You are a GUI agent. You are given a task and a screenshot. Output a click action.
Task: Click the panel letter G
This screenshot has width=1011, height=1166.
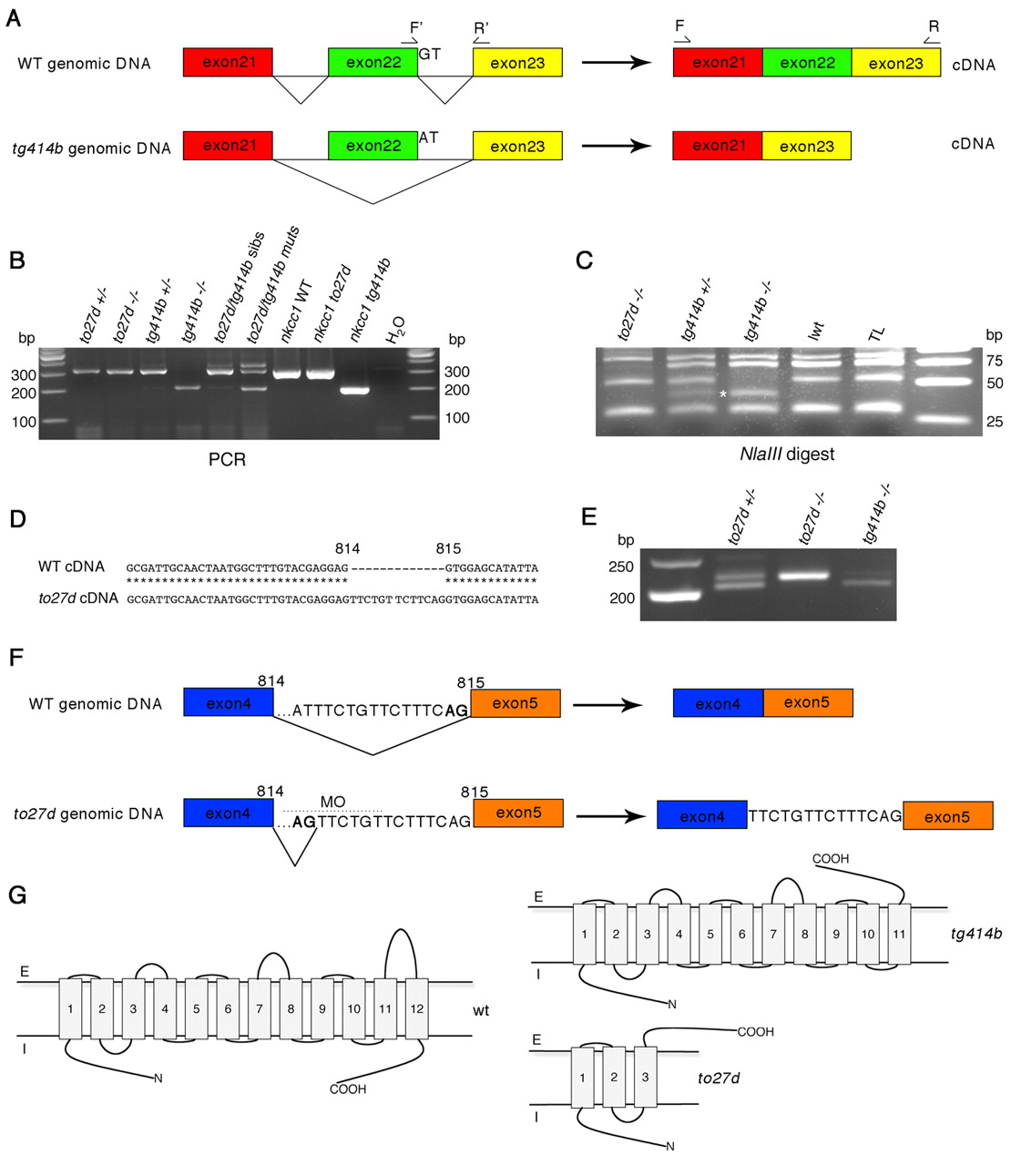click(16, 895)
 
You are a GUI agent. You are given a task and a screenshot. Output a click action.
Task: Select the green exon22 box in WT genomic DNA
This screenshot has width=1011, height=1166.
click(373, 63)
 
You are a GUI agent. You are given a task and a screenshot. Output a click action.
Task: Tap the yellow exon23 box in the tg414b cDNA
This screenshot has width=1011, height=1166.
click(806, 146)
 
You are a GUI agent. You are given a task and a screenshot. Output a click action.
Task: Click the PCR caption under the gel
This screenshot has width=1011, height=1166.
click(227, 459)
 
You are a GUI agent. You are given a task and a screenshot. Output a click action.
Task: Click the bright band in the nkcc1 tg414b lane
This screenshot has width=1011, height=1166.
click(353, 391)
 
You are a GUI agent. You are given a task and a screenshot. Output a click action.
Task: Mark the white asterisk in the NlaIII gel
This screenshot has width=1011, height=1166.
click(722, 394)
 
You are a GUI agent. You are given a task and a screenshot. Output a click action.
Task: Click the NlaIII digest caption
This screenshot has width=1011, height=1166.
click(787, 454)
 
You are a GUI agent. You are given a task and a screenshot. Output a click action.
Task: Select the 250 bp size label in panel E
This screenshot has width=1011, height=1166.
click(622, 568)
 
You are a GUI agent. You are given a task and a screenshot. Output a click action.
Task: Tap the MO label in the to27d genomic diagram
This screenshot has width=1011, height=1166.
click(332, 802)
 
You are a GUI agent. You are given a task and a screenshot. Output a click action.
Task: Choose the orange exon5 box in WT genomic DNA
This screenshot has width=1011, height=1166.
click(515, 703)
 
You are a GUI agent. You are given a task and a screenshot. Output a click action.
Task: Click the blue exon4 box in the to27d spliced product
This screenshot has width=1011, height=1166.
click(701, 816)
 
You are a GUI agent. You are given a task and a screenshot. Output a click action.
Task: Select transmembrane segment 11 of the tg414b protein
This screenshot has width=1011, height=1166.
click(899, 934)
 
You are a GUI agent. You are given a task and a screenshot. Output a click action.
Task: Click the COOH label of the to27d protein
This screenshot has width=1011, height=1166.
click(755, 1032)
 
